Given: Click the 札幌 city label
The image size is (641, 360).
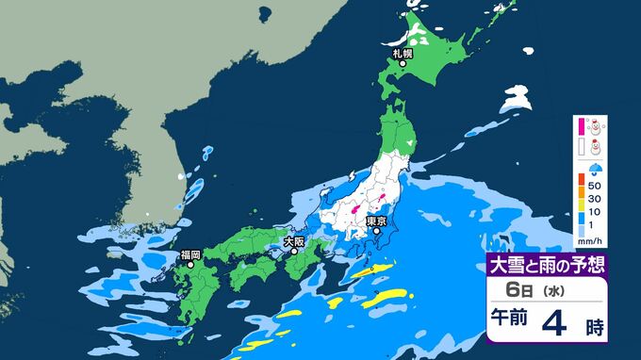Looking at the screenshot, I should [402, 53].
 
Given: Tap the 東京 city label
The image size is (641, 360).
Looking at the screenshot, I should [376, 221].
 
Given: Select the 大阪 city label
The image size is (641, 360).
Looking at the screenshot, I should [293, 241].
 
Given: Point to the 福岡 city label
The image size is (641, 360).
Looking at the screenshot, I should [190, 254].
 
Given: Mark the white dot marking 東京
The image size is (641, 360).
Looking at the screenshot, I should [377, 232].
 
